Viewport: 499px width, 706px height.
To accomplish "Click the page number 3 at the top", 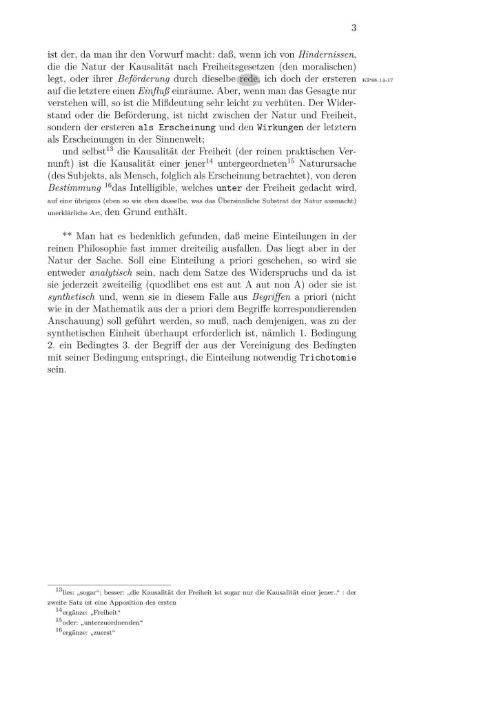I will [x=352, y=28].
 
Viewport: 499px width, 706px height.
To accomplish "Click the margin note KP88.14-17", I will [x=377, y=79].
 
